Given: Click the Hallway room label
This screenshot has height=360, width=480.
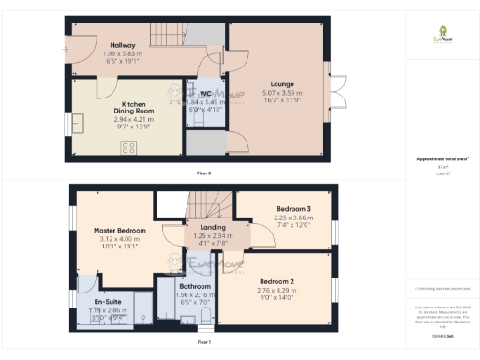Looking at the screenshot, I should tap(123, 46).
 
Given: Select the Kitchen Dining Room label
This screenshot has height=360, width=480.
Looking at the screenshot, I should tap(138, 110).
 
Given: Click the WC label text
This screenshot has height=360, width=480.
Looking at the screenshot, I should tap(205, 94).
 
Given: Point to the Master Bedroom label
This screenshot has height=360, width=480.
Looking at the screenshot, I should tap(119, 231).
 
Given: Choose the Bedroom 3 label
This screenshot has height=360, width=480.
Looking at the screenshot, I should tap(293, 209).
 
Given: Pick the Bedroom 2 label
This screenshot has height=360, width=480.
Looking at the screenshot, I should tap(277, 282).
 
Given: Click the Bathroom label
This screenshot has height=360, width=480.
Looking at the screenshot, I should tap(195, 286).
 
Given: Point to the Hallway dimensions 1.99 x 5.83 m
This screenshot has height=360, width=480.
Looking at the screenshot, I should tap(123, 54).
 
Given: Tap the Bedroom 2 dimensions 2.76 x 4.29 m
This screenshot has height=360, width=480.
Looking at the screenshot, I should tap(277, 292).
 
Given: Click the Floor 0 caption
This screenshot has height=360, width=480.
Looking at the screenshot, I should tap(203, 173).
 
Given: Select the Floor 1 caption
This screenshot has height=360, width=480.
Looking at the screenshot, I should tap(203, 344).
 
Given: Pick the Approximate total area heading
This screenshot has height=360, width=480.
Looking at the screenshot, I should tap(437, 159).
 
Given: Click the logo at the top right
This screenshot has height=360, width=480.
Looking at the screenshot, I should tap(437, 36).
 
